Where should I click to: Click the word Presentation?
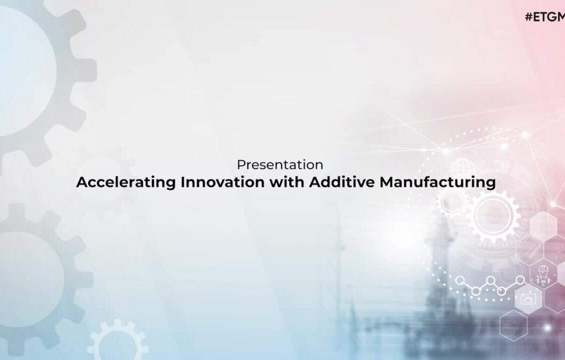280,165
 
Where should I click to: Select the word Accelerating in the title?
126,183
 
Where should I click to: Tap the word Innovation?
223,182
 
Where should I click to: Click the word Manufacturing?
437,183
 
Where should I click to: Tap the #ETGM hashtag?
545,17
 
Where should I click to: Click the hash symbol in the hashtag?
529,17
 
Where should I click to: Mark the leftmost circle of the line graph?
460,280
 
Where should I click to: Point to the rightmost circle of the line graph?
520,280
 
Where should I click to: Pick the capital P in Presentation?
241,165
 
